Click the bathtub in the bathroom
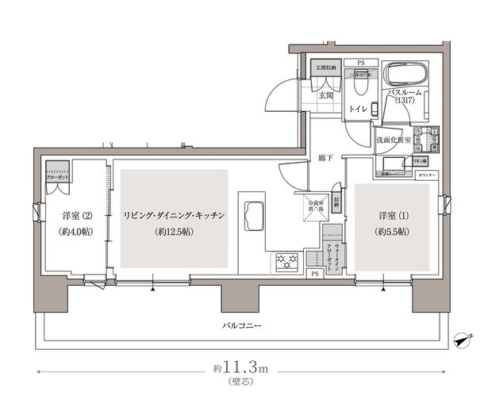point(405,78)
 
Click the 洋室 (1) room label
point(392,215)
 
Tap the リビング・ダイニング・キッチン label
point(175,215)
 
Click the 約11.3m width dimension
point(242,369)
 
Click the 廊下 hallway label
point(325,156)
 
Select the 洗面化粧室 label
point(393,140)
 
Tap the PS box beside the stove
point(315,275)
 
